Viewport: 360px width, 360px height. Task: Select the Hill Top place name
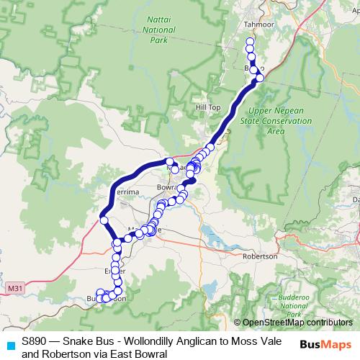point(208,107)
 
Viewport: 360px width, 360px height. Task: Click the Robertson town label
point(260,256)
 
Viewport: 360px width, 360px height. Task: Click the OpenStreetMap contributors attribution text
point(297,323)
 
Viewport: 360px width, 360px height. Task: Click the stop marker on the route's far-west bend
point(104,220)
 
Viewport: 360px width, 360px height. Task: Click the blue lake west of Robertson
point(210,235)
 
